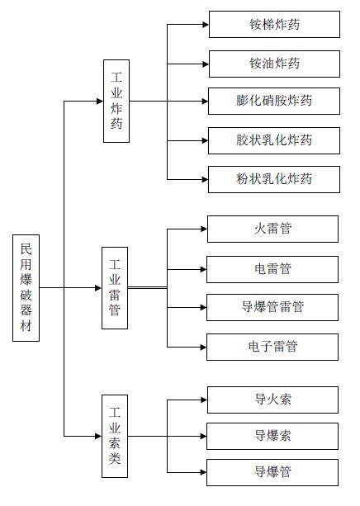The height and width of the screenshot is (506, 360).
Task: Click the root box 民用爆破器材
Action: (x=26, y=288)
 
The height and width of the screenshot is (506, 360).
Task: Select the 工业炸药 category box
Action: (x=116, y=101)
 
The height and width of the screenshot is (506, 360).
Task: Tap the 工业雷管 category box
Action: (x=115, y=288)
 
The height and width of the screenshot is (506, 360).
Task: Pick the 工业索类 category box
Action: (x=115, y=436)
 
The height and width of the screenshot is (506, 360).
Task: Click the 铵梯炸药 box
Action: (x=274, y=24)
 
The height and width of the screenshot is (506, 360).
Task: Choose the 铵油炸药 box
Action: (x=274, y=64)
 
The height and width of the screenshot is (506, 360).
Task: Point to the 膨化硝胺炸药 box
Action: (x=274, y=101)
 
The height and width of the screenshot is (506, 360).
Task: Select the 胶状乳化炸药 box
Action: (x=274, y=140)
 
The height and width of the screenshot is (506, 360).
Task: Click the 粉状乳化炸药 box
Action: (x=274, y=179)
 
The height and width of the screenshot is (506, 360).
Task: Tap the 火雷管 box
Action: (x=272, y=229)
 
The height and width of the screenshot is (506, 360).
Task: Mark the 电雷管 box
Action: (x=272, y=269)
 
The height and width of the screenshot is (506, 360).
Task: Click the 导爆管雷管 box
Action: (x=272, y=307)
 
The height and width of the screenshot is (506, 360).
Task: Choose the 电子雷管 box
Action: (x=272, y=347)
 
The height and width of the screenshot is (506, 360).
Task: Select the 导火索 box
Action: (x=272, y=400)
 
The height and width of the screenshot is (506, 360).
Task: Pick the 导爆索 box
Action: (x=272, y=436)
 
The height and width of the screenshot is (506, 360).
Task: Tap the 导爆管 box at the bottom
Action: (x=272, y=472)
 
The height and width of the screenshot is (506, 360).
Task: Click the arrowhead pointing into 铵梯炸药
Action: (x=206, y=24)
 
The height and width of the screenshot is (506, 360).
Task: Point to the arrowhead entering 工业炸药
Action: (x=100, y=101)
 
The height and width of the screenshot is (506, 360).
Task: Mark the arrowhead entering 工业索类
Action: (x=98, y=436)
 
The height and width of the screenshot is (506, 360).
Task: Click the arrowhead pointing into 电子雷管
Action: (x=203, y=348)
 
